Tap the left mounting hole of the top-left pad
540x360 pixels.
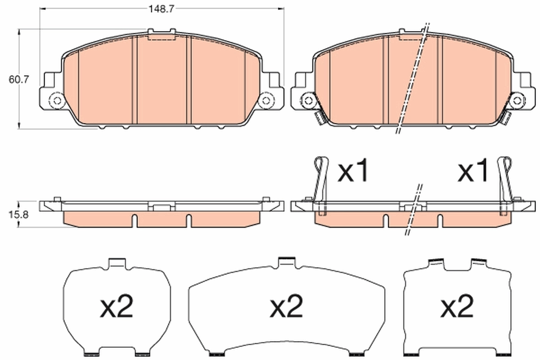pos(57,100)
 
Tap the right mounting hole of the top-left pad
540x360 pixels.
pos(266,100)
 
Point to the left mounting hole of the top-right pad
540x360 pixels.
pos(309,100)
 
